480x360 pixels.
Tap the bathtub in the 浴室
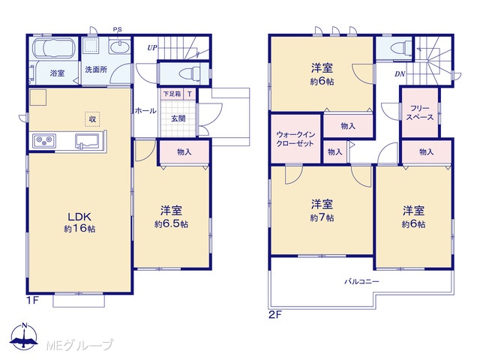pos(54,48)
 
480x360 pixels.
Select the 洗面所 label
pos(96,70)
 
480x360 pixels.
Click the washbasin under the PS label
pos(120,47)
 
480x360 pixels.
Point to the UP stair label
pos(152,48)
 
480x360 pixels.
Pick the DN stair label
pos(400,73)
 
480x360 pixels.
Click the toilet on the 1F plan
pos(190,73)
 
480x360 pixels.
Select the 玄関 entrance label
pos(178,118)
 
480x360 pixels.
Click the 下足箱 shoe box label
pos(172,94)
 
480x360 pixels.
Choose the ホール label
pos(145,110)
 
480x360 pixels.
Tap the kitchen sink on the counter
pos(87,142)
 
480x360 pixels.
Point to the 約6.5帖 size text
pos(171,224)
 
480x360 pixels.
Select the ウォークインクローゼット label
pos(295,139)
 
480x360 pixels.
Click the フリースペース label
pos(420,112)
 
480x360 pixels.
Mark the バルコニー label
pos(361,281)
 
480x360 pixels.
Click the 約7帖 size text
pos(322,217)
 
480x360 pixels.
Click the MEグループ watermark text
pos(79,345)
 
